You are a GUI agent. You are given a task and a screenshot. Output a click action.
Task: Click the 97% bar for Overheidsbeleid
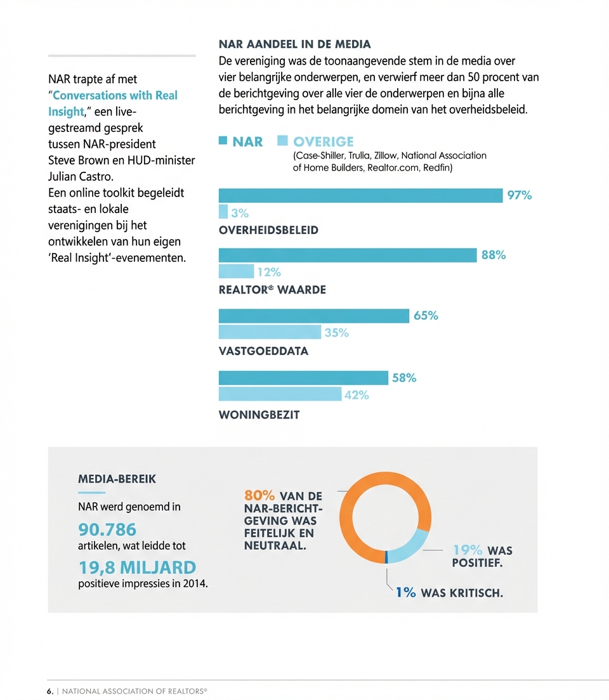coord(360,195)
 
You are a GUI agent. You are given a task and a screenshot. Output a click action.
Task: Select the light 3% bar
coord(223,212)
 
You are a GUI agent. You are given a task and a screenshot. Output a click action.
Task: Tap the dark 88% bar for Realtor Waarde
coord(347,255)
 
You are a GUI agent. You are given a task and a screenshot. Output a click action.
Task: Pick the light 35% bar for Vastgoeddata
coord(270,332)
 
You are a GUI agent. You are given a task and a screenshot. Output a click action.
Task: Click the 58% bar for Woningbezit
coord(303,378)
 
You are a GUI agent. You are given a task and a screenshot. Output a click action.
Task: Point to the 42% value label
coord(356,395)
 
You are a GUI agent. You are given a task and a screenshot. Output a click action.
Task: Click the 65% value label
coord(426,316)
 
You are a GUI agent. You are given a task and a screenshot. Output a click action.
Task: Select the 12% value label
coord(268,272)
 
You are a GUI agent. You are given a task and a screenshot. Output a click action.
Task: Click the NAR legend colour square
coord(223,141)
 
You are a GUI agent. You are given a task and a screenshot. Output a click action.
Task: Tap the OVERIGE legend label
coord(324,141)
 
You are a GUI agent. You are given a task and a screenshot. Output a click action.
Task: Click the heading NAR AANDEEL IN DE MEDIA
coord(294,44)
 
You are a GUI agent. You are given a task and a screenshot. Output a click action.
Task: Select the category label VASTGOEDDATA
coord(263,351)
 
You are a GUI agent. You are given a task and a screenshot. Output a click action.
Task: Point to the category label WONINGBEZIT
coord(259,415)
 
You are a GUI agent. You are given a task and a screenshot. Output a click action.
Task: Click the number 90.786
coord(107,529)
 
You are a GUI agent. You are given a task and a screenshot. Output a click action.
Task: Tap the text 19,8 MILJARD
coord(137,567)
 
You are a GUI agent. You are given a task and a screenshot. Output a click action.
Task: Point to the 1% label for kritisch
coord(406,593)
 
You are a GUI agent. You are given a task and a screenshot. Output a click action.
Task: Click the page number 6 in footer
coord(49,691)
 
